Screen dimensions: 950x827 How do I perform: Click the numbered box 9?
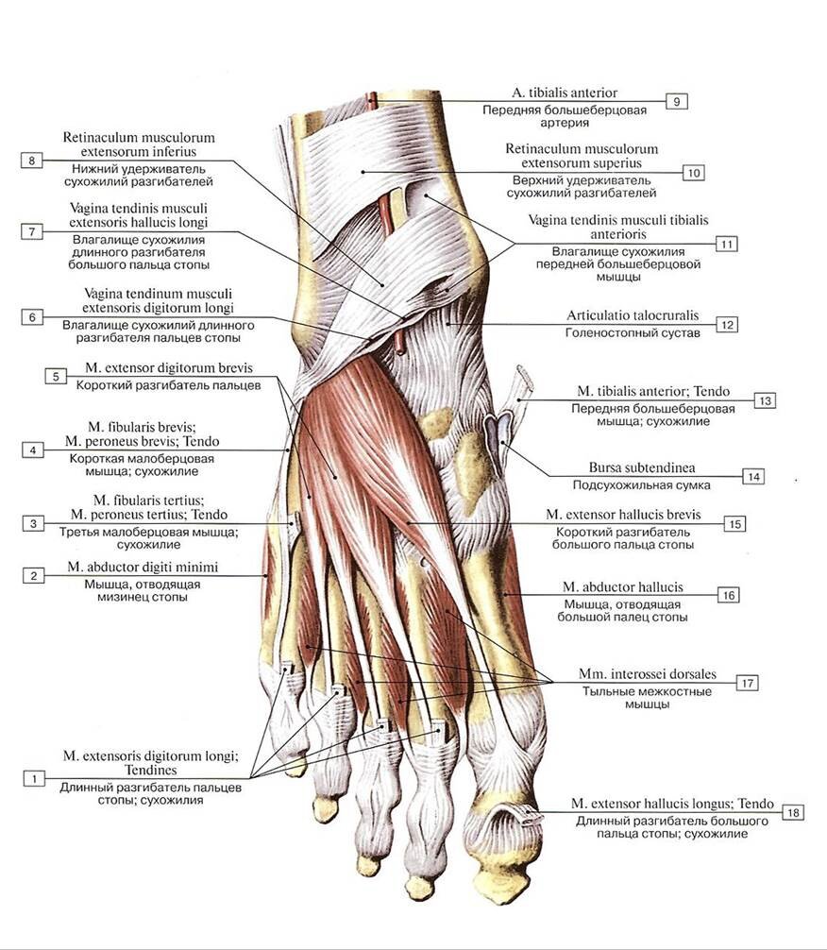[676, 101]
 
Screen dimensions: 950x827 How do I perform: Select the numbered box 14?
[752, 476]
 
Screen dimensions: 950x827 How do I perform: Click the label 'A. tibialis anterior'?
[565, 93]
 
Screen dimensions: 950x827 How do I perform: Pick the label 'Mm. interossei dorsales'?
[647, 674]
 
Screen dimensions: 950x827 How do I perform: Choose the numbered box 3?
[33, 523]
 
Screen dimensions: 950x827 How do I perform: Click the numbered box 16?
[727, 595]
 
